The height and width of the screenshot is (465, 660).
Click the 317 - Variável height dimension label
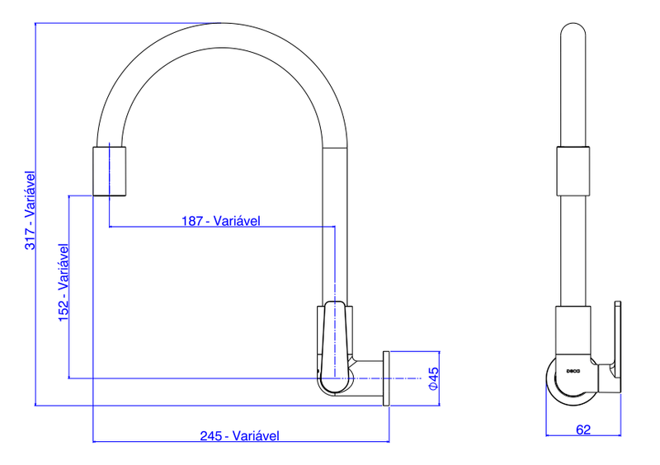click(31, 210)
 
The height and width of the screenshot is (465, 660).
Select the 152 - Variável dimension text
click(64, 283)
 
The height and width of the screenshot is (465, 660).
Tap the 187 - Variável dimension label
click(220, 220)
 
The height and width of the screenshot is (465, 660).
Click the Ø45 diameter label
click(433, 378)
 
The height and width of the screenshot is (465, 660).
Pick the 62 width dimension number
click(583, 429)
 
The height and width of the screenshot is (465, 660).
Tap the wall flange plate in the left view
click(386, 378)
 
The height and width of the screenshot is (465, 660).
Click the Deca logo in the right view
click(574, 371)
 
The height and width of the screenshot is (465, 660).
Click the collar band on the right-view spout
click(574, 171)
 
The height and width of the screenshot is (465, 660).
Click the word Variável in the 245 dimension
click(257, 435)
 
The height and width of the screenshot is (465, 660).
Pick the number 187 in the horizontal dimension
click(193, 220)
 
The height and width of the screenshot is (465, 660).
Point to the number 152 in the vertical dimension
click(64, 312)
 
